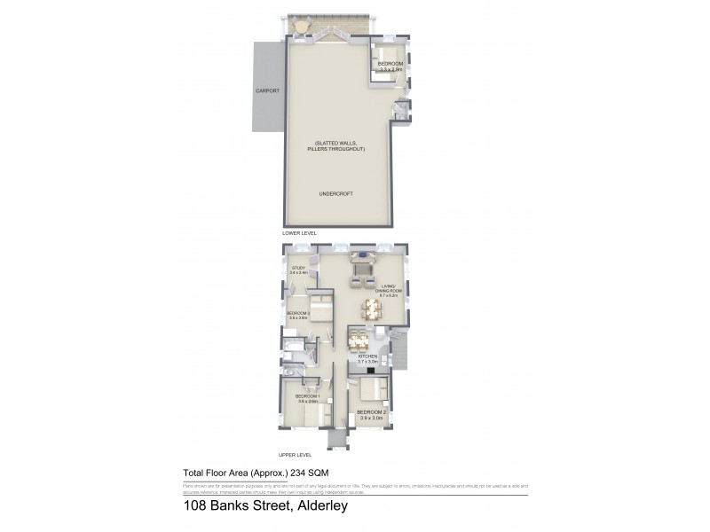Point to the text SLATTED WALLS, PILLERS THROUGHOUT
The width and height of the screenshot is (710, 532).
339,146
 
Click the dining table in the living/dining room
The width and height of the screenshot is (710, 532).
371,309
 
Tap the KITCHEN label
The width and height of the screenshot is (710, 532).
367,359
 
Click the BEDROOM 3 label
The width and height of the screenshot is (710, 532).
297,315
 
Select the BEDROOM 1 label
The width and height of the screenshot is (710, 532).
308,398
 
